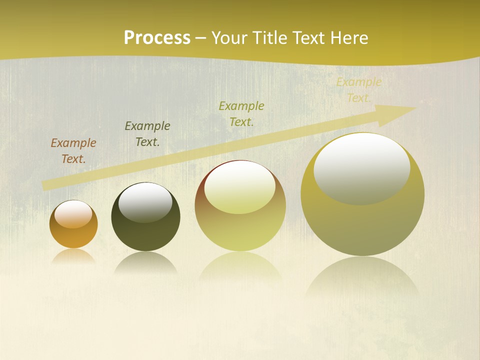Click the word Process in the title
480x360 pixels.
(x=157, y=38)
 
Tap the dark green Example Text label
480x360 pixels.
(x=147, y=134)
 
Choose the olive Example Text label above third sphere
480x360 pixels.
(x=241, y=113)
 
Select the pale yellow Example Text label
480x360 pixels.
(x=358, y=90)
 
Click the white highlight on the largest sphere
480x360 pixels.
(x=362, y=168)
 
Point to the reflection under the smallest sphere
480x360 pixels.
(x=73, y=256)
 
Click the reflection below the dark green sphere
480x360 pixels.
(x=145, y=262)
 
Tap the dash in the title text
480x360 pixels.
(x=201, y=38)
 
